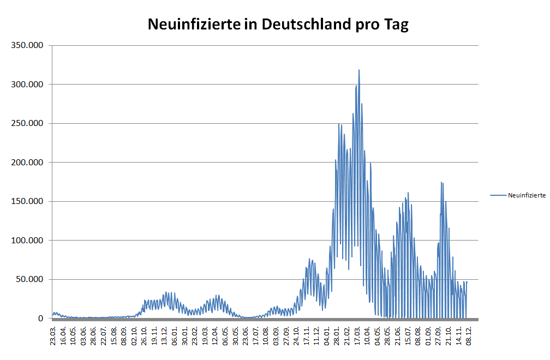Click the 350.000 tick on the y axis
27,45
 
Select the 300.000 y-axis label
27,85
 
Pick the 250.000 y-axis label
27,123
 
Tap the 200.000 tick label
27,163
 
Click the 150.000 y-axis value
27,201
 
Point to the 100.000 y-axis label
27,241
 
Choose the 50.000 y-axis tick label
29,279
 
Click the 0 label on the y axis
41,319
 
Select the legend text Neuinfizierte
527,195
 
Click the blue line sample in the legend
498,195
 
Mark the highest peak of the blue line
359,70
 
